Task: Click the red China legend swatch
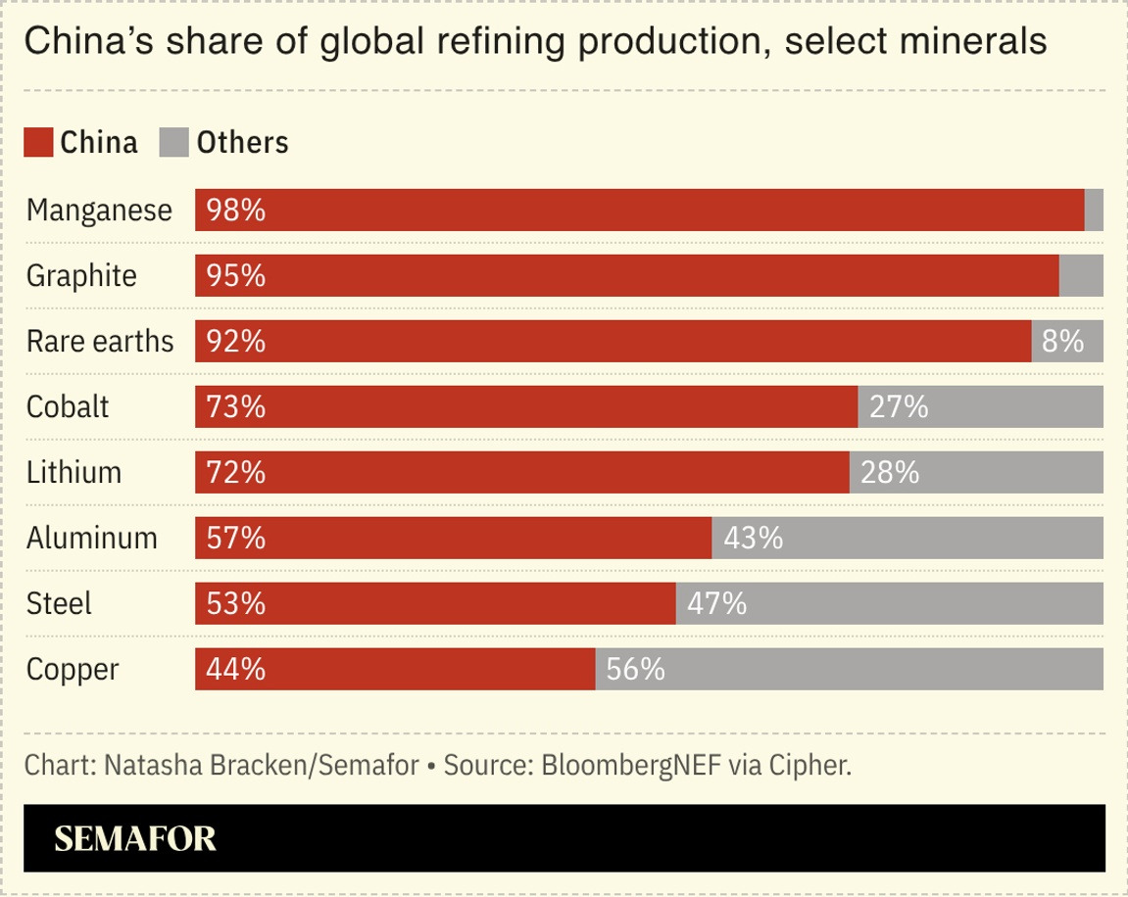[x=38, y=142]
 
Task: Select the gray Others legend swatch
[x=174, y=142]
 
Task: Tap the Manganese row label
[x=99, y=211]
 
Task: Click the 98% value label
[x=236, y=210]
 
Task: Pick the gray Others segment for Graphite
[x=1081, y=275]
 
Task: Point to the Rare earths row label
[x=100, y=342]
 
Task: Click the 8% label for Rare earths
[x=1062, y=341]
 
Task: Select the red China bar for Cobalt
[x=526, y=406]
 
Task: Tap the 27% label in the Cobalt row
[x=900, y=406]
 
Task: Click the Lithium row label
[x=74, y=472]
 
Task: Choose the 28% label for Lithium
[x=890, y=472]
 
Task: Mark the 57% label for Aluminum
[x=236, y=538]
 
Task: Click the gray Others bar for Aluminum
[x=907, y=538]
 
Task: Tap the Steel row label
[x=59, y=603]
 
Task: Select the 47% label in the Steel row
[x=717, y=603]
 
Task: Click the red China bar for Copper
[x=395, y=669]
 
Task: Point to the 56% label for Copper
[x=636, y=669]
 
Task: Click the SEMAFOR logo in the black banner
[x=135, y=839]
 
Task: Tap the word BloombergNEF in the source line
[x=631, y=766]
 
